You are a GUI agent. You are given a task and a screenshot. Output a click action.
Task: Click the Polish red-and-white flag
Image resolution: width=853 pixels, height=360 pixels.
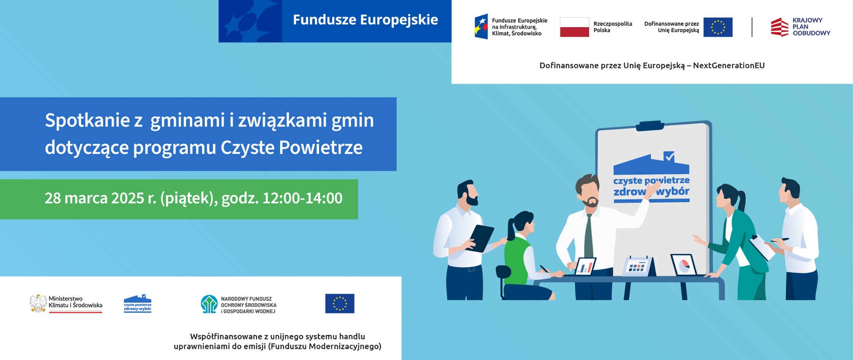point(574,27)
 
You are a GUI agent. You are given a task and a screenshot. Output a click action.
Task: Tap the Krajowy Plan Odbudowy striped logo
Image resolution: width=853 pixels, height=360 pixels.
point(780,27)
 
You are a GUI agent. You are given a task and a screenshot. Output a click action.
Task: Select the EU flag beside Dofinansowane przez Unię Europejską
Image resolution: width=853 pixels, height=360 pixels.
point(718,27)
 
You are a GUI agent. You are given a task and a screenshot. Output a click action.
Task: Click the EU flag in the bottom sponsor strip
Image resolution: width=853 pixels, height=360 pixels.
point(340,304)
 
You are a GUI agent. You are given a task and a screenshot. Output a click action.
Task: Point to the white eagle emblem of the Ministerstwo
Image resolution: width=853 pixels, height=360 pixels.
point(38,304)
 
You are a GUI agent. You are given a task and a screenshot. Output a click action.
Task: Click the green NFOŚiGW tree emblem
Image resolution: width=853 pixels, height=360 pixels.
point(209,304)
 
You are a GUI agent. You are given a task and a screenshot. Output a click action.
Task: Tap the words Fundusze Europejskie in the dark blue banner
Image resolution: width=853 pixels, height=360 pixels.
point(365,20)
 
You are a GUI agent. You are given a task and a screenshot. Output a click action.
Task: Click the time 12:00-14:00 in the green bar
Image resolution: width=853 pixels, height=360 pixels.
point(303,198)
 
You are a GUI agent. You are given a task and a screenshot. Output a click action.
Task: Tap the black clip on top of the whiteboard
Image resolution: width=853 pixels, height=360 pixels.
point(650,126)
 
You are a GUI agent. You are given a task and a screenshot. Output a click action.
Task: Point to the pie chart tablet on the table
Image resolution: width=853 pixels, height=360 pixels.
point(684,265)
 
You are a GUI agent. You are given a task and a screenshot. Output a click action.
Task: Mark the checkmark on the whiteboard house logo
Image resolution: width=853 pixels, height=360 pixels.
point(669,156)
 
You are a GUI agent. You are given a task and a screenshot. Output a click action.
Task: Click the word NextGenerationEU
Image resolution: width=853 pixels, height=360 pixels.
point(729,66)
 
